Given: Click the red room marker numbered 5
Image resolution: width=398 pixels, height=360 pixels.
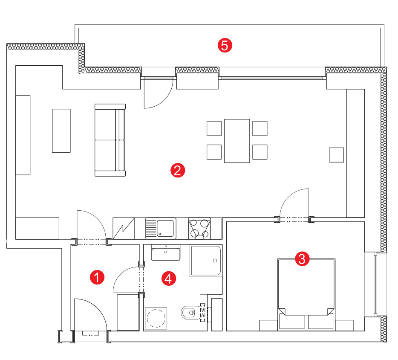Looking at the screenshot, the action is tap(225, 46).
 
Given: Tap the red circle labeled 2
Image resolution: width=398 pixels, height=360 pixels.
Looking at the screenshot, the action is tap(178, 170).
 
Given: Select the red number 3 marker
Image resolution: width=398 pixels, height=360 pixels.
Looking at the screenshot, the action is tap(302, 259).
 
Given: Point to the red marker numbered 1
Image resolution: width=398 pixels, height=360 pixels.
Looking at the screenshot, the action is tap(97, 277).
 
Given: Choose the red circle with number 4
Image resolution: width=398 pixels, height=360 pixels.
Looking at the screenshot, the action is tap(169, 279).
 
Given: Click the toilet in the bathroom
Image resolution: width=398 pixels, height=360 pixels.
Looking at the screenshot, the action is tap(190, 313).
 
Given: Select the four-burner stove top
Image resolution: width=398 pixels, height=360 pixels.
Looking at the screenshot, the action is tap(199, 228).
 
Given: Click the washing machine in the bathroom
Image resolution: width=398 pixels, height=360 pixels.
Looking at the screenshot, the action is tap(156, 318).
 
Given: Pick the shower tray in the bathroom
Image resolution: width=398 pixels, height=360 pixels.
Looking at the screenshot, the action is tap(206, 261).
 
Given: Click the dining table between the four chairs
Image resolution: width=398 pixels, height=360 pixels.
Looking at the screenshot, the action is tap(237, 141).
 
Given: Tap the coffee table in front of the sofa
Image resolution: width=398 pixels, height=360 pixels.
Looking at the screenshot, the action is tap(61, 131).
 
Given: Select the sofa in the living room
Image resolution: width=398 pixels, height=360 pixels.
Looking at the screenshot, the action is tap(110, 140).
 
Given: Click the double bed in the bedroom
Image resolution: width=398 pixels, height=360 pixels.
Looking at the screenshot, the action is tap(306, 295).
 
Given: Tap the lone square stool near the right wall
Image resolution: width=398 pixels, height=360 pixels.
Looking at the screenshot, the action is tap(336, 155).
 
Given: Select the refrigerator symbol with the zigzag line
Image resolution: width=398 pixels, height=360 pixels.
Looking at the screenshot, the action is tap(124, 228).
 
